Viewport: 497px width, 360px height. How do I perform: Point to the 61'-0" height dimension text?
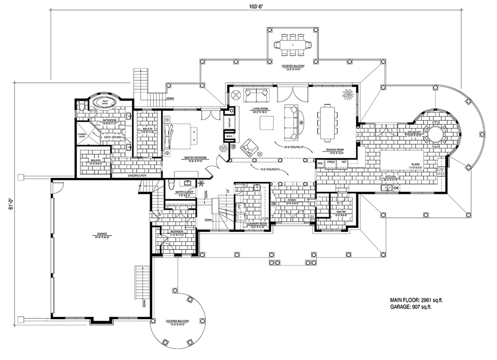(10, 205)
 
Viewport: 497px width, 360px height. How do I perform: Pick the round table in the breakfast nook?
(435, 135)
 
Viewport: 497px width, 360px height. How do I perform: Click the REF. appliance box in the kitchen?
(343, 163)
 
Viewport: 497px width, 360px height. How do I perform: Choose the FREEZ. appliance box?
(331, 163)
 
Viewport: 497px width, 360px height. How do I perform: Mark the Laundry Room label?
(258, 224)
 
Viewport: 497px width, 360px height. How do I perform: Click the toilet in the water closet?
(170, 184)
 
